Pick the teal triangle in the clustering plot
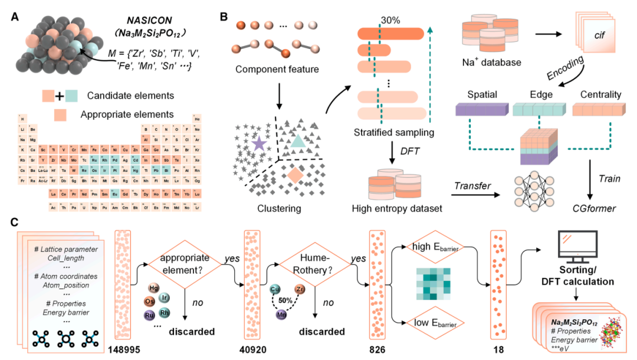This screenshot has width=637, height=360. (298, 139)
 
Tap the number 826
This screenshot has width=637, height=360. (377, 348)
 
